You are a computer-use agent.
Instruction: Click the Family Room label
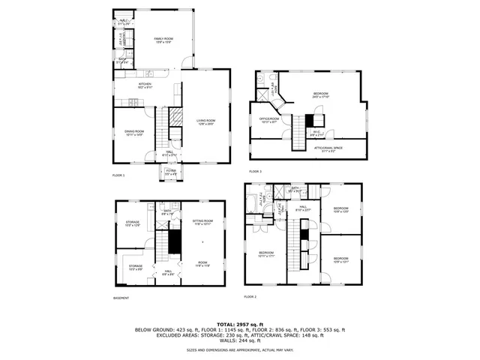pos(163,40)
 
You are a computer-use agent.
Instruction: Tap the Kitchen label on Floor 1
pos(145,85)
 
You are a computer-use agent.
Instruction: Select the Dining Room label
pos(135,133)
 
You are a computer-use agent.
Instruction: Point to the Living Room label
pos(206,122)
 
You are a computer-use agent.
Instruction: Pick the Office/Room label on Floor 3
pos(269,119)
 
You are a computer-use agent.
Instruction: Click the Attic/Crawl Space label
pos(328,149)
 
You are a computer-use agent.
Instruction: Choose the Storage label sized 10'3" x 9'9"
pos(135,267)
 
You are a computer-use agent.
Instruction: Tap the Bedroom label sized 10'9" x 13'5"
pos(340,210)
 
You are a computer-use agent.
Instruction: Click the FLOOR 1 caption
pos(118,175)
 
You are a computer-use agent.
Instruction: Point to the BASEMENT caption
pos(121,298)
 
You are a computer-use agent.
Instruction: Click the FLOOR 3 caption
pos(256,172)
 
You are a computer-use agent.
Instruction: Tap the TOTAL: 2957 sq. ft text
pos(239,323)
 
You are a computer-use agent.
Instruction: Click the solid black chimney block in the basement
pos(174,241)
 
